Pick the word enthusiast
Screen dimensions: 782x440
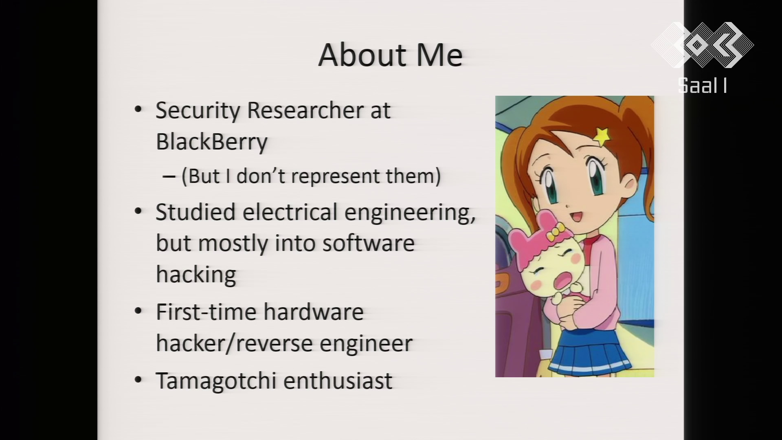coord(338,381)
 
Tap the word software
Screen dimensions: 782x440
coord(368,243)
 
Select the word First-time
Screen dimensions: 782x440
coord(206,312)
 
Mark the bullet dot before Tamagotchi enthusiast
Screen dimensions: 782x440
coord(138,380)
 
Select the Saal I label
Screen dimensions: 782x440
coord(702,86)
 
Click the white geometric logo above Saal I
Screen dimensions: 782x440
coord(702,45)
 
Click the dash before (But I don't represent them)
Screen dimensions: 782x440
coord(169,177)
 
